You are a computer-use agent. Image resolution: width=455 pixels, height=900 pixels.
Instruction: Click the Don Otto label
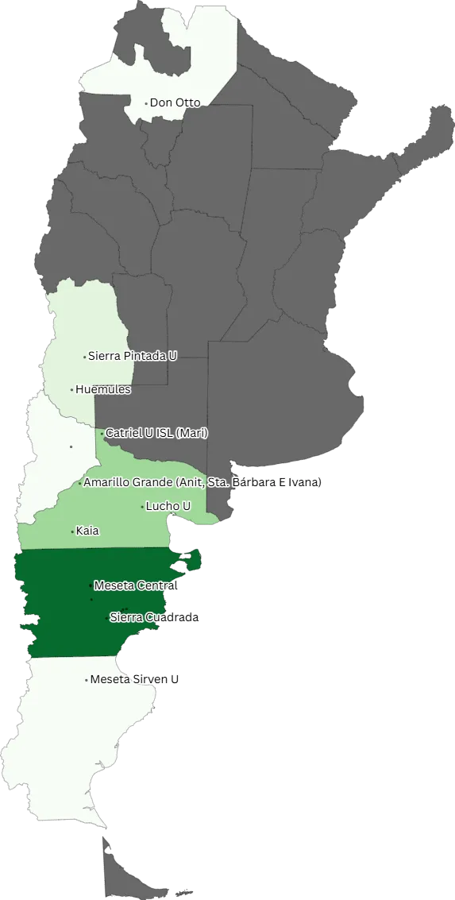(175, 102)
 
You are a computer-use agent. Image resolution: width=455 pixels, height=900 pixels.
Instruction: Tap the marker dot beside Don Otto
(146, 103)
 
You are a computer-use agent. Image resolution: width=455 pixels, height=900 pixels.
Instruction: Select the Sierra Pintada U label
(133, 356)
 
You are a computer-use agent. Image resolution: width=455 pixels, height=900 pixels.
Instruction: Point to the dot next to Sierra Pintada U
(85, 357)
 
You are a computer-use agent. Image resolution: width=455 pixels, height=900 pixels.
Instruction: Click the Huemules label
(103, 389)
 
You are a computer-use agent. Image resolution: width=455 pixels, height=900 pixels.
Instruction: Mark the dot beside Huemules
(72, 390)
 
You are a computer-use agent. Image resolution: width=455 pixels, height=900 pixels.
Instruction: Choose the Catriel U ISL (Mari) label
(157, 433)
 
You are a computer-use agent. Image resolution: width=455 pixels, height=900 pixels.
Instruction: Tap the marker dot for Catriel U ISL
(102, 434)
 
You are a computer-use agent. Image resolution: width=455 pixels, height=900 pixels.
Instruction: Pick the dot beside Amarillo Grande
(80, 483)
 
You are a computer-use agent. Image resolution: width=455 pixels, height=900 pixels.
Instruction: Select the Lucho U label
(168, 506)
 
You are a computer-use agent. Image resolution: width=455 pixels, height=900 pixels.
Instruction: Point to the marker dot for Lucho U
(143, 507)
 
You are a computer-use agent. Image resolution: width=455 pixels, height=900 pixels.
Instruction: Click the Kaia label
(87, 531)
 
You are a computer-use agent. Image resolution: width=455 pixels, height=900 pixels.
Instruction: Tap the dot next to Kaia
(73, 531)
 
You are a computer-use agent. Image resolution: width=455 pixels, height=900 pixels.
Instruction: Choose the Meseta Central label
(136, 585)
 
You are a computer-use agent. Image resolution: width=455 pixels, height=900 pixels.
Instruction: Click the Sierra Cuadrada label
(155, 617)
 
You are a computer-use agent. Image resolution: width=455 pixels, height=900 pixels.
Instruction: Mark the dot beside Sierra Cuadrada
(108, 617)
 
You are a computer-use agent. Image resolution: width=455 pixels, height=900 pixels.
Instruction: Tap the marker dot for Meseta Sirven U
(87, 680)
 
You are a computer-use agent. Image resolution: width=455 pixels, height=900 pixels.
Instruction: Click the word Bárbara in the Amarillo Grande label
(249, 482)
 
